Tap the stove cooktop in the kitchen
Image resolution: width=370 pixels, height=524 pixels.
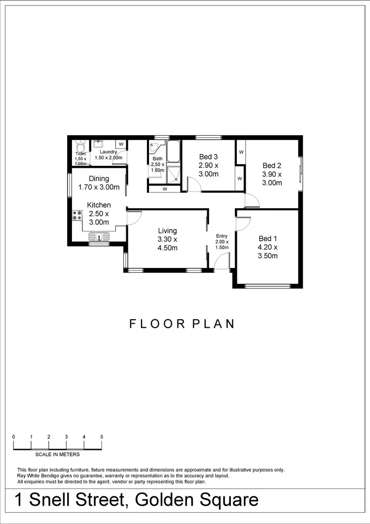point(77,215)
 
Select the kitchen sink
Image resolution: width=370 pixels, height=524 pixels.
point(100,237)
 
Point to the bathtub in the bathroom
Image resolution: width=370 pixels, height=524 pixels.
point(173,151)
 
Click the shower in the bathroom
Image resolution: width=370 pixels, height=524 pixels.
point(173,174)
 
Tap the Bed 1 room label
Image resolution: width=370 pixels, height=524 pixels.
point(268,238)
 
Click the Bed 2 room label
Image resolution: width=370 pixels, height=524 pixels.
point(272,166)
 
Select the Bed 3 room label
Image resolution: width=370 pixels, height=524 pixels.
point(209,157)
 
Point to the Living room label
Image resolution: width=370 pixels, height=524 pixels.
point(167,230)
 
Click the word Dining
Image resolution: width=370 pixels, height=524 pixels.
point(99,179)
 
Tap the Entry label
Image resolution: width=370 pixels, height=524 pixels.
point(222,236)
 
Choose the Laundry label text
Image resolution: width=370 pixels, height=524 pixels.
point(108,151)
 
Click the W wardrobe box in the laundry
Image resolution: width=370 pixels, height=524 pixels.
point(121,145)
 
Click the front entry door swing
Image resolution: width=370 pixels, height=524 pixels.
point(222,261)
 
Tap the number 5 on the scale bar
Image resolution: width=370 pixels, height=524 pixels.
point(102,437)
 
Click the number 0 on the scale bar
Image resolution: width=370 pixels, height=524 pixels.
point(14,437)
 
